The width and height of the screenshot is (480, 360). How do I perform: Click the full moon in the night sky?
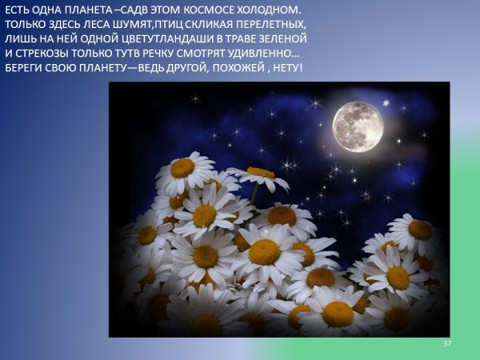(x=358, y=126)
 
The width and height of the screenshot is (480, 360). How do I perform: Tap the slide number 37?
(x=447, y=343)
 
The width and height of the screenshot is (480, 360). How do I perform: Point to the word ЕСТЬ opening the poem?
(x=17, y=10)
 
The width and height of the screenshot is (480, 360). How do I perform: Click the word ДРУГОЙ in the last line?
(x=190, y=68)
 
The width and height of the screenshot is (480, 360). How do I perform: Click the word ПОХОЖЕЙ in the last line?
(x=242, y=68)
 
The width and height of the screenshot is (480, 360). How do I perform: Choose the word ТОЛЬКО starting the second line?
(x=23, y=25)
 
